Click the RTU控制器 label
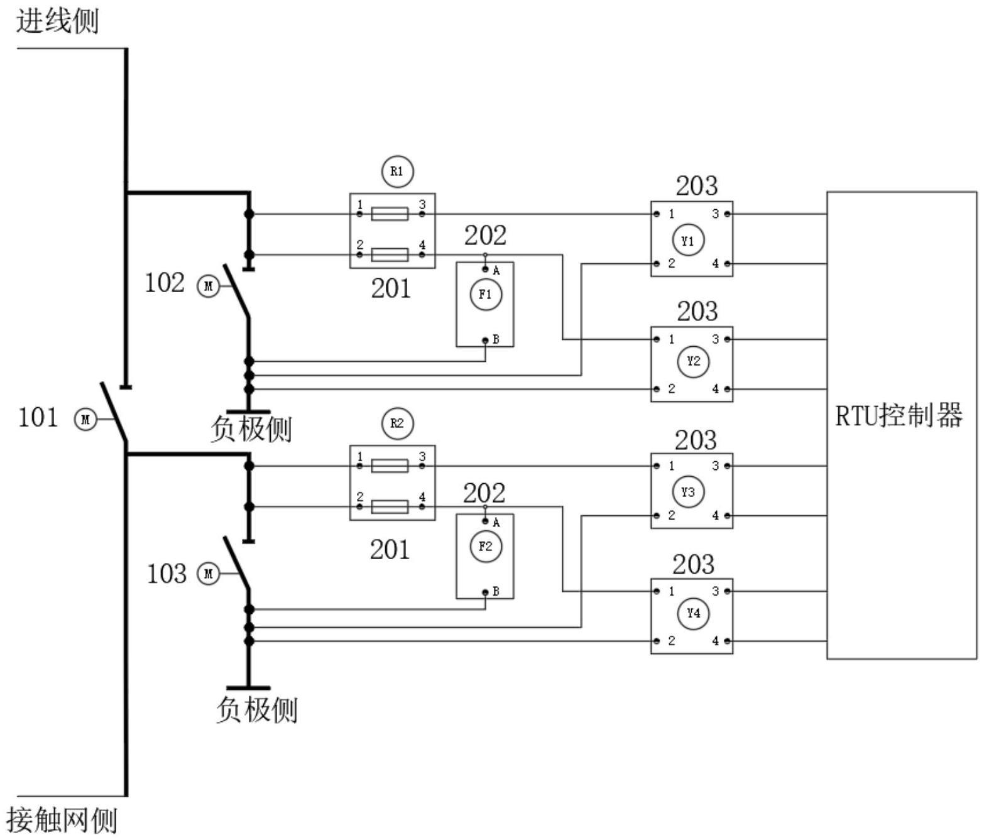[899, 416]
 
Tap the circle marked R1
[397, 172]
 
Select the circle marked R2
[397, 423]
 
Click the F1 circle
[486, 295]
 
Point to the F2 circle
[486, 547]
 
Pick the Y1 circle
[689, 241]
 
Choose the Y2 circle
[693, 362]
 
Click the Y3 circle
[689, 492]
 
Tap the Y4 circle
[693, 613]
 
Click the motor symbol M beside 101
[85, 419]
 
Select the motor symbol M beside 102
[208, 286]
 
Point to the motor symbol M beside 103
[208, 574]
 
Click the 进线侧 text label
[57, 22]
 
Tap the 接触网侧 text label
[62, 820]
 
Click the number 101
[38, 417]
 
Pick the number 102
[164, 283]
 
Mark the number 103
[166, 574]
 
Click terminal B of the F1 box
[485, 341]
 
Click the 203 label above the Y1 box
[696, 185]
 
